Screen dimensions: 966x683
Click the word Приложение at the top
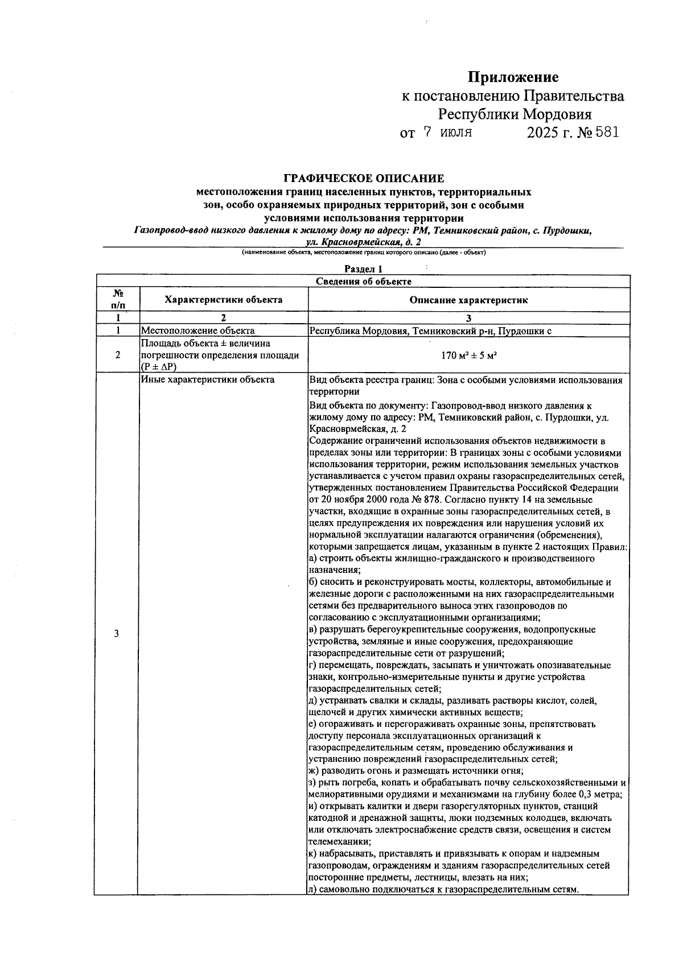(513, 77)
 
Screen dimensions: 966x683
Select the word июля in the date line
(456, 133)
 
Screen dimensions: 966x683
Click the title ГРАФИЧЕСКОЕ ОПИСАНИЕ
(364, 179)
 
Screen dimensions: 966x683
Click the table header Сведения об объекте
(363, 281)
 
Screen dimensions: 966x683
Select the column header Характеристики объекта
(223, 299)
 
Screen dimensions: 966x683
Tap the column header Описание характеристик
(468, 300)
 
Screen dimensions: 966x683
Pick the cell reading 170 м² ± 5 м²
(468, 356)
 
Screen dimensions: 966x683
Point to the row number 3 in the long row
(117, 634)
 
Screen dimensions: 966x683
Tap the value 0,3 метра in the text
(600, 795)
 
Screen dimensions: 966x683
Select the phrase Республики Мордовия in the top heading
(514, 114)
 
